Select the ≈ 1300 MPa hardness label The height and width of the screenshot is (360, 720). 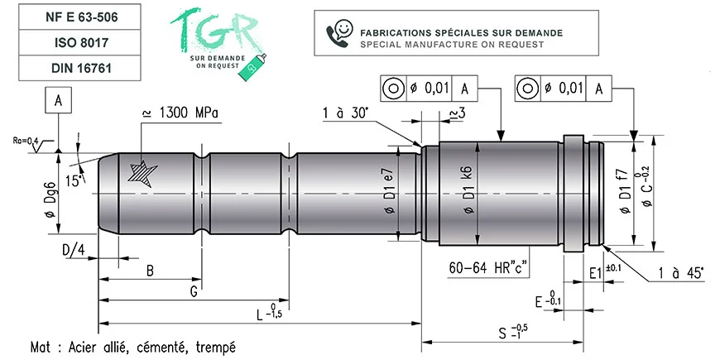pyautogui.click(x=180, y=113)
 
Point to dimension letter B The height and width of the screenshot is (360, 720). pyautogui.click(x=149, y=271)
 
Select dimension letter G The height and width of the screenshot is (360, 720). pyautogui.click(x=193, y=292)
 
